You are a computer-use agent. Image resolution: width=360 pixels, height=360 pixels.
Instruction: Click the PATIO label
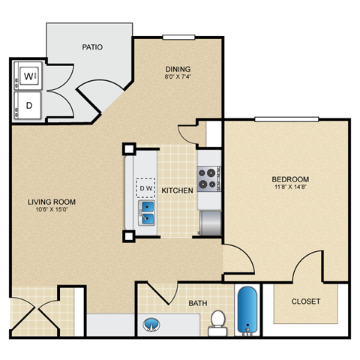coord(93,47)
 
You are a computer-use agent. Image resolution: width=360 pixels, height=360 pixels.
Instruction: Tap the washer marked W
coord(28,76)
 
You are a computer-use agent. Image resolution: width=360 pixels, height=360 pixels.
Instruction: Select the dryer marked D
coord(28,105)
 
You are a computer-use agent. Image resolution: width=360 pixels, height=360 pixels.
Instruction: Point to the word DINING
coord(178,72)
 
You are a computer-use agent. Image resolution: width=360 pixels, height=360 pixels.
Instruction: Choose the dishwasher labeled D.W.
coord(145,187)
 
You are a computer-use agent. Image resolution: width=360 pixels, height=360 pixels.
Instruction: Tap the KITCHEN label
coord(178,190)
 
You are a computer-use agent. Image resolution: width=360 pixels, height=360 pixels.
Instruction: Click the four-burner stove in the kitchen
coord(208,178)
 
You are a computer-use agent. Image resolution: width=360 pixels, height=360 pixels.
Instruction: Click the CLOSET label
coord(306,301)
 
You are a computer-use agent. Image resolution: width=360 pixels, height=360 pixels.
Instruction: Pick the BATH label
coord(198,304)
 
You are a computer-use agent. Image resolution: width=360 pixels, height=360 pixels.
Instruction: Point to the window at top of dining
coord(178,37)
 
